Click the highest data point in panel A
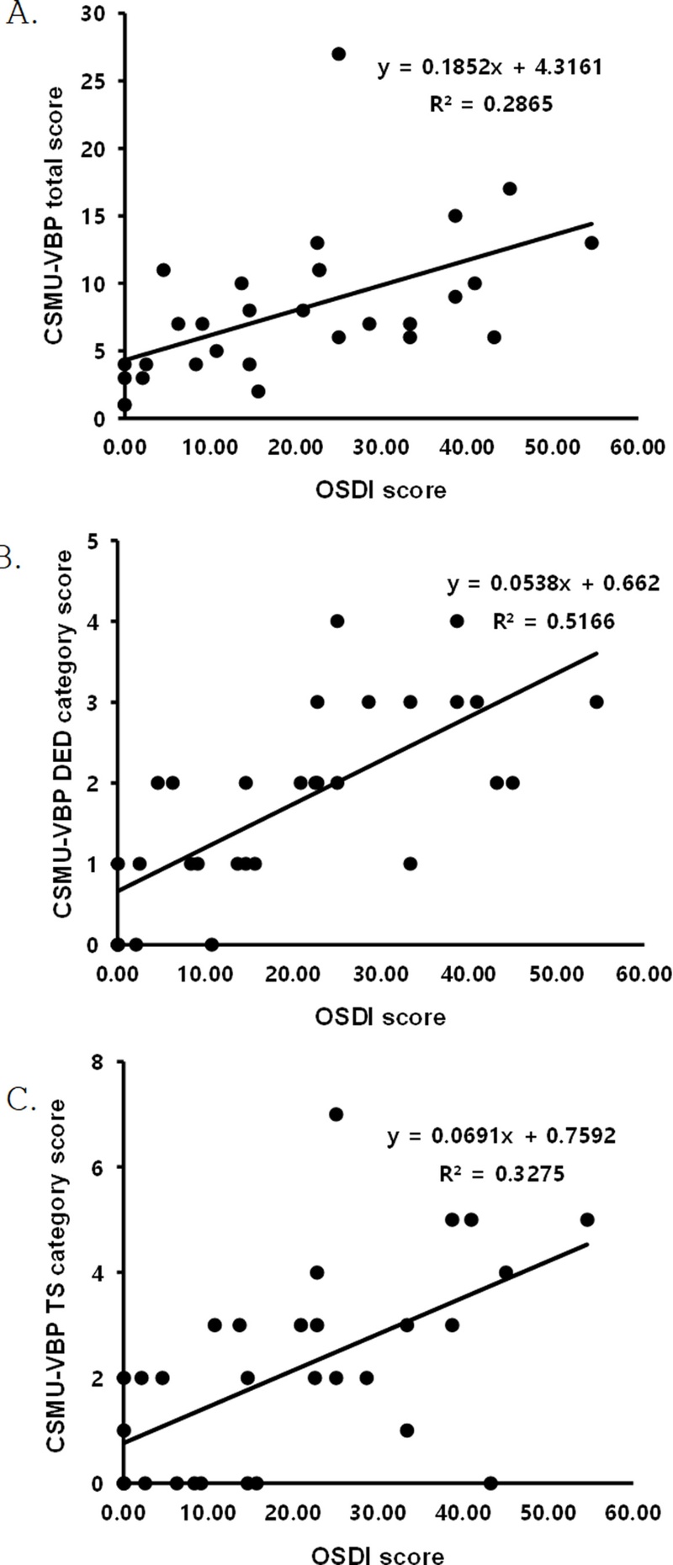click(x=338, y=54)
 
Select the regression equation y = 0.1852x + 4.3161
click(x=490, y=67)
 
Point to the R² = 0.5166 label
click(x=554, y=621)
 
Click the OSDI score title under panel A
click(x=380, y=489)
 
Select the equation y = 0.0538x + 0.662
click(x=553, y=583)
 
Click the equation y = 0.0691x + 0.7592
click(x=501, y=1136)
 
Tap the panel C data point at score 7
click(x=336, y=1114)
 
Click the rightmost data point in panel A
click(x=591, y=243)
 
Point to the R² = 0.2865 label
click(x=490, y=106)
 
